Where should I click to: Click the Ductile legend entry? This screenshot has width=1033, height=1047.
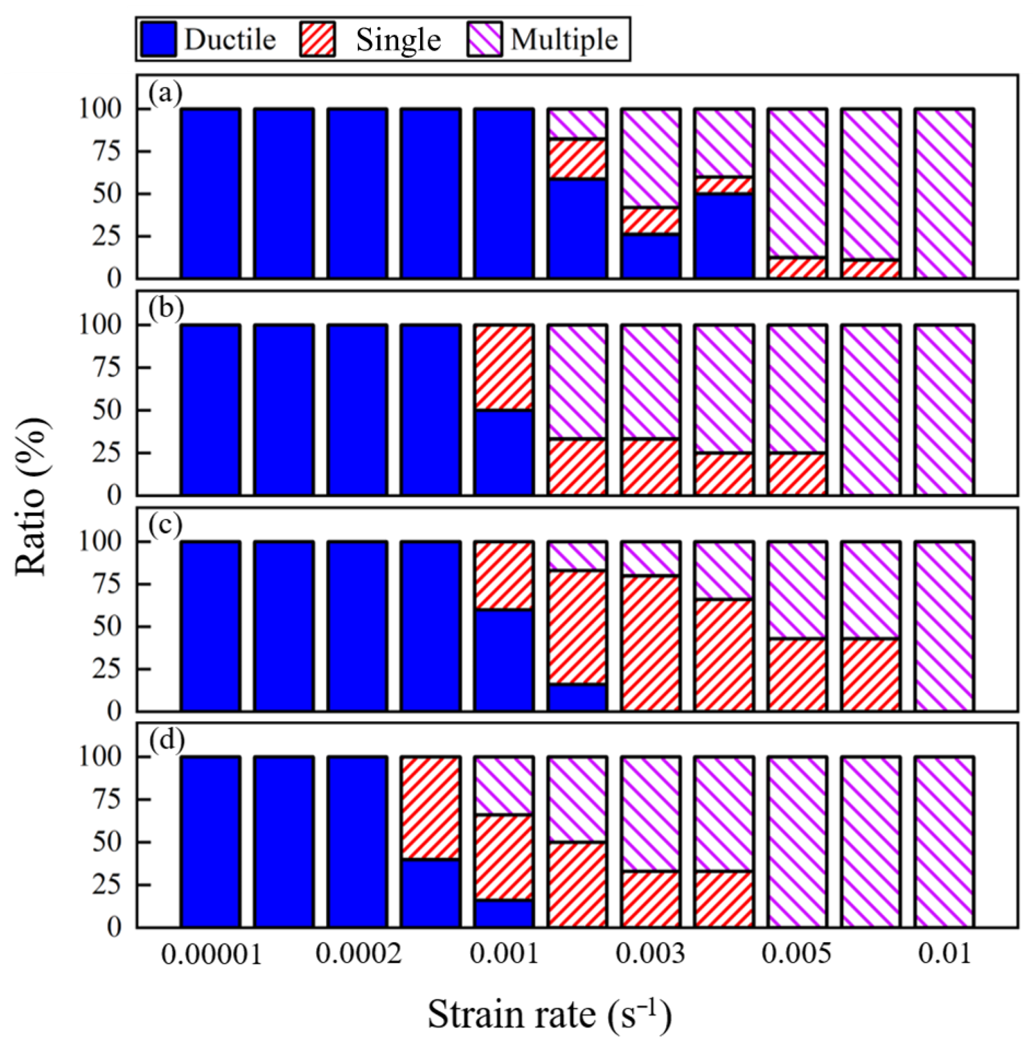coord(208,40)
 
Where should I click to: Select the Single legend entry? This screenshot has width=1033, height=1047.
coord(370,40)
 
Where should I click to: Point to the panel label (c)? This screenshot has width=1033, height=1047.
coord(165,525)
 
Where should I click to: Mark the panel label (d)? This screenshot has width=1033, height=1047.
coord(166,740)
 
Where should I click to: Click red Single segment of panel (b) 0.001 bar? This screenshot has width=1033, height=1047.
coord(503,367)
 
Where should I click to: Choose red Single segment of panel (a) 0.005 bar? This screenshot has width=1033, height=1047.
coord(796,268)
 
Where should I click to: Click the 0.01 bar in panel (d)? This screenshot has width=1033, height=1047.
coord(944,841)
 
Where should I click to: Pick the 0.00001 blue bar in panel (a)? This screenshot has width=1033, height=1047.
coord(210,194)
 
